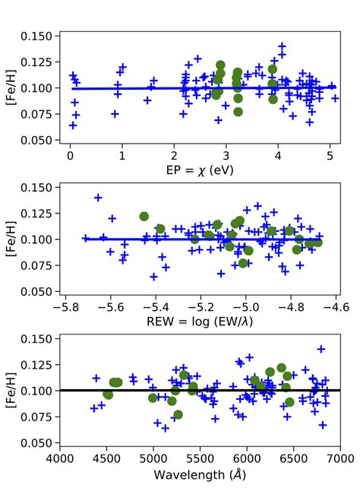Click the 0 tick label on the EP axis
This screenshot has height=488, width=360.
[x=70, y=155]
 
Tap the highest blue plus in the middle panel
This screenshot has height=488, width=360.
[x=98, y=198]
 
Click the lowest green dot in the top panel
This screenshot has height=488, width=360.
[x=238, y=112]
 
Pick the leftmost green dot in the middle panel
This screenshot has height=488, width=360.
[x=144, y=217]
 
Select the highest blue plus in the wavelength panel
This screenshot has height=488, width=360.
[x=321, y=349]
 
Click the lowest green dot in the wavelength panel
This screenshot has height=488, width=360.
[x=178, y=415]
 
